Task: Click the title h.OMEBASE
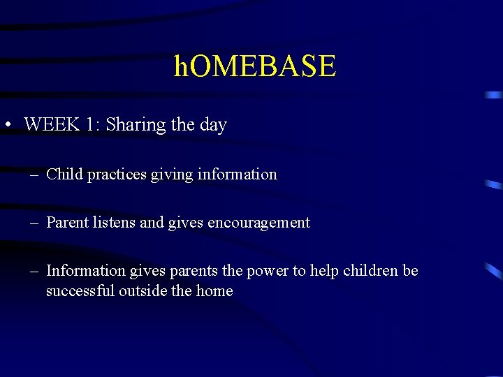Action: coord(255,67)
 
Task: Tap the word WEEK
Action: coord(50,125)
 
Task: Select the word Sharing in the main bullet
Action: coord(136,125)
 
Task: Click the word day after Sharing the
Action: coord(213,125)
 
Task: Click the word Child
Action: coord(64,174)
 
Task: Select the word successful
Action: coord(80,290)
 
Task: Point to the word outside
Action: coord(143,290)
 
